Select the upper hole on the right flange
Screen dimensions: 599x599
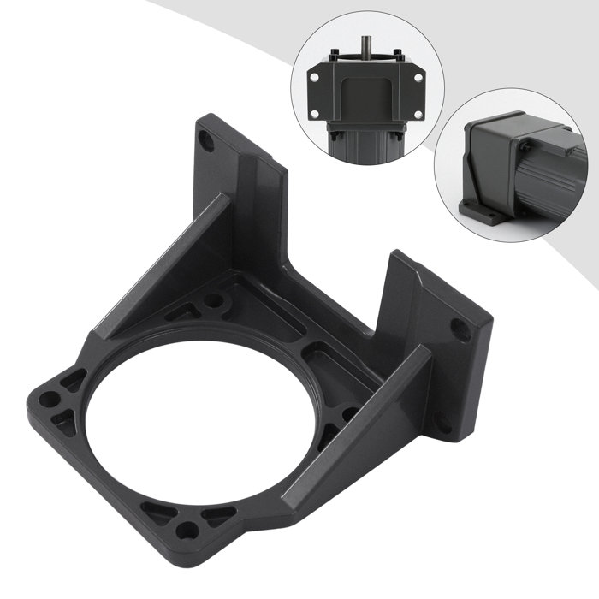click(x=459, y=326)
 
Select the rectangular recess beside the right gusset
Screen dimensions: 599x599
click(x=322, y=354)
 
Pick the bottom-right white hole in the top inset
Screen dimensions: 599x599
click(x=418, y=111)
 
